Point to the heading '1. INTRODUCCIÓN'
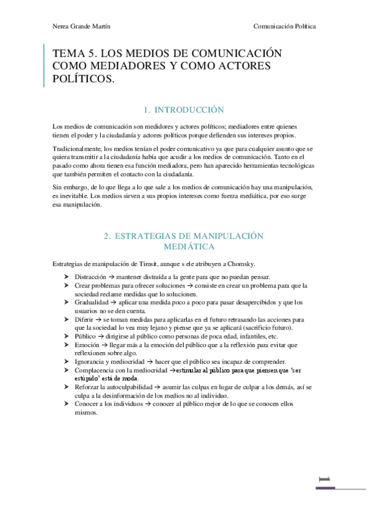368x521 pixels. click(x=183, y=110)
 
